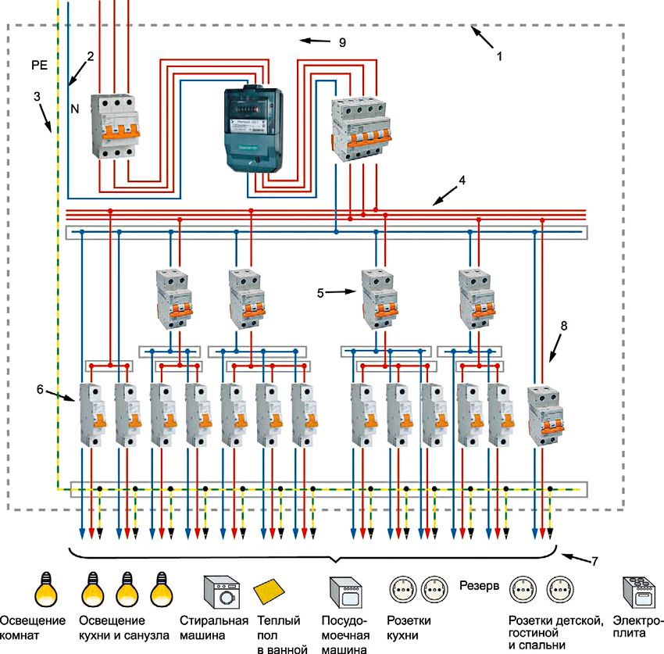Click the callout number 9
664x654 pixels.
pos(341,42)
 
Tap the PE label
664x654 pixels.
pos(39,66)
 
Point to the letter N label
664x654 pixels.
pos(76,111)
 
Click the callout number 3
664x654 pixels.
pos(37,97)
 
